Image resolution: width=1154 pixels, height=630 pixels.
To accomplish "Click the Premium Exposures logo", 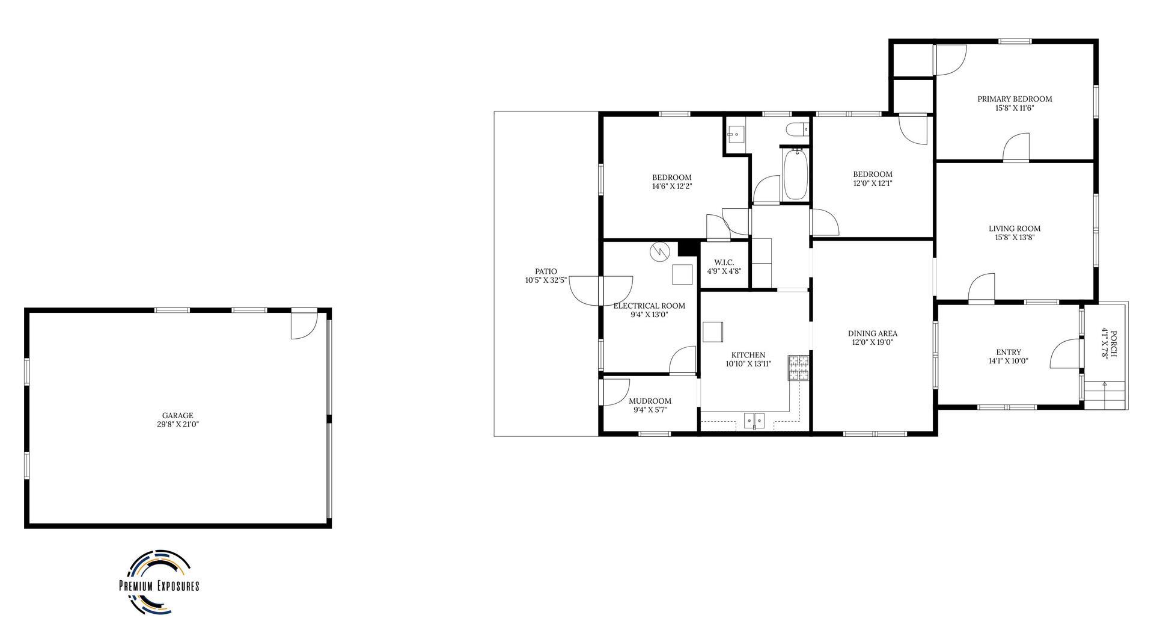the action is [x=159, y=582].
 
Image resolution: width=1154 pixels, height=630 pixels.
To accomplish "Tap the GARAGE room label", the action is [x=178, y=416].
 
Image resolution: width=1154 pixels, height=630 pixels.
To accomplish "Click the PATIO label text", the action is [x=546, y=271].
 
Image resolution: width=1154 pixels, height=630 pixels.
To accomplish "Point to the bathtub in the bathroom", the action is [x=795, y=174].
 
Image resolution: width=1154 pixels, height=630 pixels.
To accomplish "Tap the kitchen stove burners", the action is [x=799, y=368].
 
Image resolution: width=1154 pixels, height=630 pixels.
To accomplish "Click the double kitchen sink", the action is [x=754, y=420].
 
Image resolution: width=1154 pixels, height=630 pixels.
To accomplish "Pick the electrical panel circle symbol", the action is [x=659, y=251].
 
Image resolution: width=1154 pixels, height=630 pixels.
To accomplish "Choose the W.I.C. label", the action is [x=724, y=262].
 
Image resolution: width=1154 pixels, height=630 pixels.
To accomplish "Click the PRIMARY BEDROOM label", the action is [x=1015, y=99].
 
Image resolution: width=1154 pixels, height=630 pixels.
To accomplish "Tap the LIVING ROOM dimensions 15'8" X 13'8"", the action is [x=1015, y=238].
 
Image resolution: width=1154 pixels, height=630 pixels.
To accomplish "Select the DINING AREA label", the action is [x=873, y=333].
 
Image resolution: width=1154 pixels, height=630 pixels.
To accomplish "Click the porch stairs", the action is [x=1105, y=395].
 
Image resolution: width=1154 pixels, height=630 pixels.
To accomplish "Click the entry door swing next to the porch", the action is [x=1066, y=353].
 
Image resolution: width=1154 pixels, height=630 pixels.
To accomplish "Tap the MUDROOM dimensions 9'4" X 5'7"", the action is [x=650, y=410].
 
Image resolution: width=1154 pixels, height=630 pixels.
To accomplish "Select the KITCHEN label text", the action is [x=748, y=355].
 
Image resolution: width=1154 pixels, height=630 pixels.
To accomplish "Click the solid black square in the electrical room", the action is [x=688, y=249].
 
